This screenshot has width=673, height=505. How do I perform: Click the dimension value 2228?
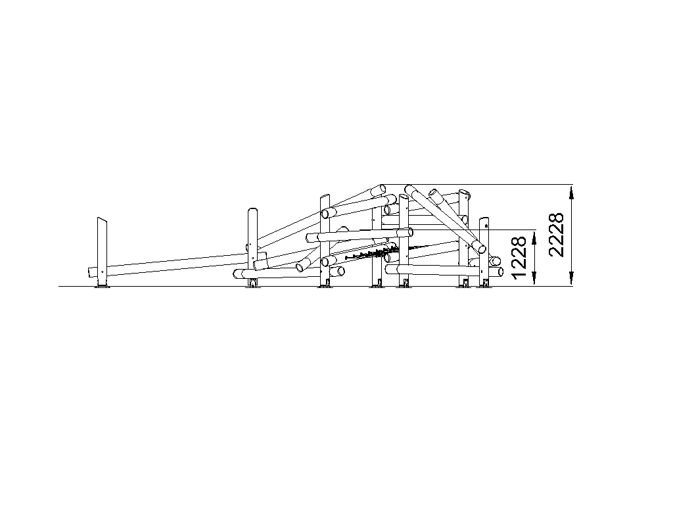tap(556, 235)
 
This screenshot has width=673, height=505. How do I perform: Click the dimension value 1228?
tap(519, 257)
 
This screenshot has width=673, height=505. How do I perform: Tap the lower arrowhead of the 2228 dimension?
tap(571, 278)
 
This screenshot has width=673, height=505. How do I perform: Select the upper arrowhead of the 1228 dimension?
tap(534, 237)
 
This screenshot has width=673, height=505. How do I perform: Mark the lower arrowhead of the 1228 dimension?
tap(534, 278)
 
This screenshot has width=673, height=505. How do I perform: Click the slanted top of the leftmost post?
tap(102, 220)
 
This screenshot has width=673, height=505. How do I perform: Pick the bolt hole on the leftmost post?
tap(102, 272)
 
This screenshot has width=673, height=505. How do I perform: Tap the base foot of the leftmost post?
tap(102, 285)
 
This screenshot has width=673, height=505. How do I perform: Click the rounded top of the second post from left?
tap(252, 210)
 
